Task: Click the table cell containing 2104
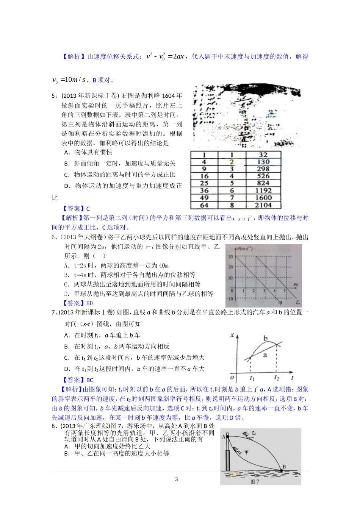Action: point(263,205)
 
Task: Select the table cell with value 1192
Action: point(263,190)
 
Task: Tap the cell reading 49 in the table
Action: point(204,198)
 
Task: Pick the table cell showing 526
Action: point(263,176)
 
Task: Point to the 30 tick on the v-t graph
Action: point(230,256)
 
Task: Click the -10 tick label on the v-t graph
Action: point(230,299)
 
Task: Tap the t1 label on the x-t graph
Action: point(252,378)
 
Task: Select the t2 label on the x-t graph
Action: point(277,378)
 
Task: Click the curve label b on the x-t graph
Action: point(265,338)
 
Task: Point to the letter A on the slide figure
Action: point(224,437)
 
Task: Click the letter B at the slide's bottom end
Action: point(284,467)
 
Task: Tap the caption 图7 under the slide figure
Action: point(255,482)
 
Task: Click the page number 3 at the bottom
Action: point(176,479)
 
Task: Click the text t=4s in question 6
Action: point(80,275)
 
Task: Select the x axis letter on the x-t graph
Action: point(232,335)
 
